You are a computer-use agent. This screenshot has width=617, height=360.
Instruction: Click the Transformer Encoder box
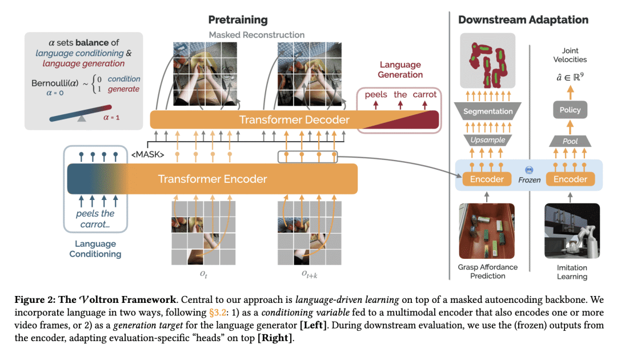point(213,179)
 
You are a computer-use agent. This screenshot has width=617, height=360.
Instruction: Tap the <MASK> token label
point(148,154)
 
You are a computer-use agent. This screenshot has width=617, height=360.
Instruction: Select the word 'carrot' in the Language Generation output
point(424,94)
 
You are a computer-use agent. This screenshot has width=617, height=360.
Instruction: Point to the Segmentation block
point(487,111)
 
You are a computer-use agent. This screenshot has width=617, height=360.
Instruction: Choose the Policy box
point(570,110)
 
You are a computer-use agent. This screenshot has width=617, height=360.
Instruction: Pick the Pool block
point(570,141)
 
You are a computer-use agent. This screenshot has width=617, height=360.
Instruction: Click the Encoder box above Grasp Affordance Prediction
point(487,179)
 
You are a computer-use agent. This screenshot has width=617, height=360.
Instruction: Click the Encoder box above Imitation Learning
point(570,179)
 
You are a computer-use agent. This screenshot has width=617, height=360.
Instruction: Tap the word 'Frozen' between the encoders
point(529,179)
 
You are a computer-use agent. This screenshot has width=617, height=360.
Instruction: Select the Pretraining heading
point(238,20)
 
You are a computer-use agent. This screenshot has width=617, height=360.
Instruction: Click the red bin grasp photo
point(487,231)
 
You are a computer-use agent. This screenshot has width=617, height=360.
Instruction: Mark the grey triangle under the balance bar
point(82,119)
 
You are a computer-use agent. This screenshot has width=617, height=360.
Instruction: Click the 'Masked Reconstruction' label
point(257,35)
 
